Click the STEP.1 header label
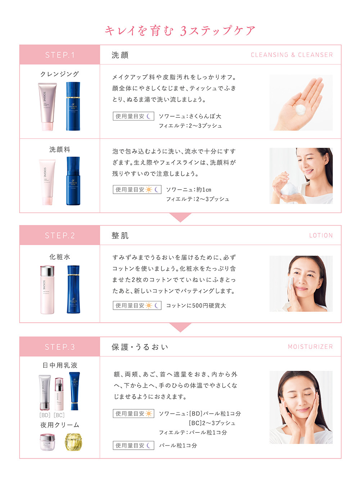[60, 55]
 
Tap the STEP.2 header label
[60, 235]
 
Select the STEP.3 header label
[60, 347]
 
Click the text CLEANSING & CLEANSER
[292, 55]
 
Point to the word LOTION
[321, 235]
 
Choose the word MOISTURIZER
[310, 347]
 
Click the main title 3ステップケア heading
[180, 31]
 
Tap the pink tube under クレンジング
[47, 107]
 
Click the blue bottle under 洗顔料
[73, 181]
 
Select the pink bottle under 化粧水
[47, 290]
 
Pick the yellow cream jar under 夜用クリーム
[73, 442]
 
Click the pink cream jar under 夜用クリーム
[48, 442]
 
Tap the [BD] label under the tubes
[45, 415]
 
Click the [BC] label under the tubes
[59, 415]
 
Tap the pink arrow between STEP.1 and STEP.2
[180, 217]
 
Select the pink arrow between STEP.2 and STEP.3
[180, 327]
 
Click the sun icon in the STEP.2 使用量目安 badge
[149, 306]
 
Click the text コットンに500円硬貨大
[196, 306]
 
